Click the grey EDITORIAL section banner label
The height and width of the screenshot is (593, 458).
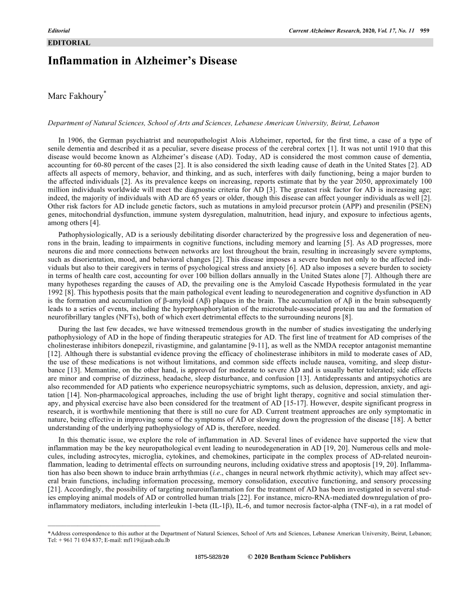tap(67, 42)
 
